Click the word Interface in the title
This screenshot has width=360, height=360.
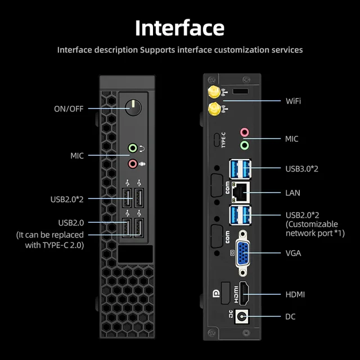pos(180,28)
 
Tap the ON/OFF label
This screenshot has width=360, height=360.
pos(69,109)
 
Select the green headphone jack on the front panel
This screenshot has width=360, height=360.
pos(133,148)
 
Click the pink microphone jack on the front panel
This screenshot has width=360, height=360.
pos(133,164)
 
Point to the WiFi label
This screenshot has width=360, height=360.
pos(293,101)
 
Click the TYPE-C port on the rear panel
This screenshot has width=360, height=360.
pos(217,139)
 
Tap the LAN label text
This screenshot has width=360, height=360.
pos(293,193)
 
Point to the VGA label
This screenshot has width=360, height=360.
pos(293,253)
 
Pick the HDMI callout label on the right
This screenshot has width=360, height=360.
pos(295,294)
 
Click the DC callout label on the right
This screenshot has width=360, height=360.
pos(290,317)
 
